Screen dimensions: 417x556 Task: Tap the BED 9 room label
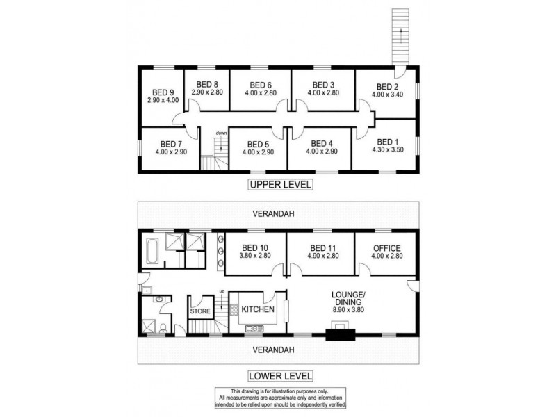point(163,92)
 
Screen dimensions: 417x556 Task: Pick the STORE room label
point(200,312)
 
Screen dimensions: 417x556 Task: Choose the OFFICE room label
point(387,247)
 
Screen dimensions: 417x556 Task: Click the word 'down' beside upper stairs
point(221,133)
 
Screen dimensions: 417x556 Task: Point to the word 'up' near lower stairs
point(222,291)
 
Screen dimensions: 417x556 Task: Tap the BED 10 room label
point(254,247)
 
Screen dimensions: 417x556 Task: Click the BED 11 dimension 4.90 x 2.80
point(322,255)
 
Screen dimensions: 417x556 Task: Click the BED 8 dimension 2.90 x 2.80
point(207,92)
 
